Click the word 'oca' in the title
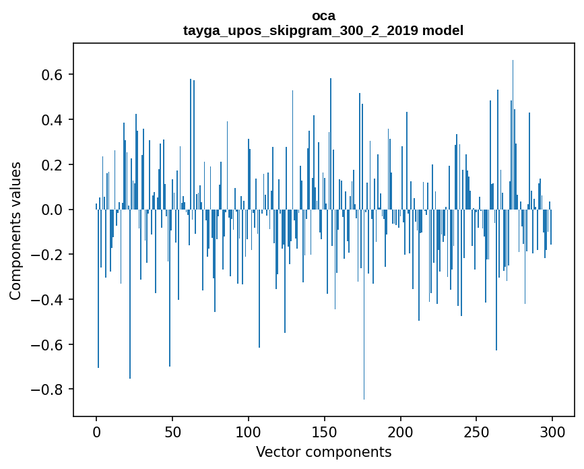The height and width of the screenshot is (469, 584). point(323,15)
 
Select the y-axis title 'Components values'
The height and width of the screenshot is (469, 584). point(15,230)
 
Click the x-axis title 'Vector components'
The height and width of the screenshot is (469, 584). point(323,451)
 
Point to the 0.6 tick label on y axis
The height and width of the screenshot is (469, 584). point(51,75)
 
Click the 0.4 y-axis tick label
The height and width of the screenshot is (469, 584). point(51,120)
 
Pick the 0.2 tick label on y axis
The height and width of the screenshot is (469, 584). point(51,165)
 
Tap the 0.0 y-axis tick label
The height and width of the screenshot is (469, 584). point(51,210)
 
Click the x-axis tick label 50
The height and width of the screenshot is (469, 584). point(172,432)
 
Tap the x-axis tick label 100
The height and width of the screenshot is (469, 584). point(249,432)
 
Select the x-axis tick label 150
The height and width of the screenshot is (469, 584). point(325,432)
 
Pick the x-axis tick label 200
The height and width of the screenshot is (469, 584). point(401,432)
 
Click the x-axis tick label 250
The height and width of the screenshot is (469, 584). point(477,432)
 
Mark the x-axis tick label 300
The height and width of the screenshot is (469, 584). point(553,432)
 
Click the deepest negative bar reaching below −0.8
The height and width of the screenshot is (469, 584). point(364,377)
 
